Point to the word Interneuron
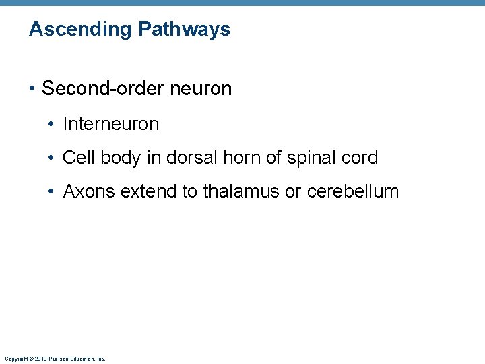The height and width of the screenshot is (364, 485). coord(110,124)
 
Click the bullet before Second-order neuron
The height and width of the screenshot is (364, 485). coord(33,88)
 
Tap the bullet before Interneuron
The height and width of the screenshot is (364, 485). coord(53,124)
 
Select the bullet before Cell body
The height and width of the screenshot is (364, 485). coord(53,158)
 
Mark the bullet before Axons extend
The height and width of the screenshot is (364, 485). coord(53,191)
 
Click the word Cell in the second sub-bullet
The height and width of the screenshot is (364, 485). coord(77,158)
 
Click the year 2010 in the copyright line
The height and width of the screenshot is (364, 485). coord(38,359)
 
